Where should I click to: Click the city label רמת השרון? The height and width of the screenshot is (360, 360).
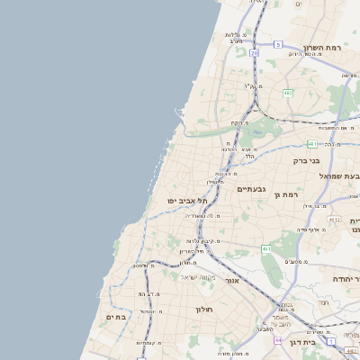(326, 47)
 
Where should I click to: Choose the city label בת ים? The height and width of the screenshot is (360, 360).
(116, 317)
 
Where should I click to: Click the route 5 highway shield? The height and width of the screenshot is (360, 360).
(278, 44)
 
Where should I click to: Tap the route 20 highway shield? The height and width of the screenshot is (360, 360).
(255, 53)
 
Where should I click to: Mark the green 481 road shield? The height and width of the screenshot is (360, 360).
(311, 144)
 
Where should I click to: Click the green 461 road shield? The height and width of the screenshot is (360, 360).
(266, 248)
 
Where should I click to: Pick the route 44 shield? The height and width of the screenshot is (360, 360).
(278, 340)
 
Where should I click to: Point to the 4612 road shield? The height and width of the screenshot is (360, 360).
(335, 219)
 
